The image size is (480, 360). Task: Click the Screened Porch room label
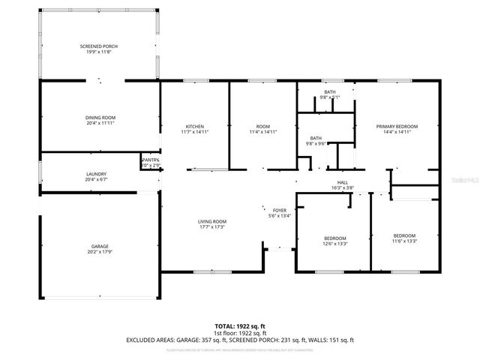point(99,46)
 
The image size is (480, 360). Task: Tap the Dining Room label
point(99,117)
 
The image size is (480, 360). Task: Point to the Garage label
point(100,246)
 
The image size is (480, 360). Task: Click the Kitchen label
point(195,126)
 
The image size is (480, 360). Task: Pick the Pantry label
point(150,160)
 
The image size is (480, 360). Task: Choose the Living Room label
point(212,221)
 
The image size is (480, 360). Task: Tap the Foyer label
point(280,211)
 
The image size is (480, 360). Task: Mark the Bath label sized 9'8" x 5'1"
point(330,91)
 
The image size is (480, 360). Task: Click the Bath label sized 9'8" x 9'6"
point(316,139)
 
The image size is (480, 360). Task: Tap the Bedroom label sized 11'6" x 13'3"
point(404,236)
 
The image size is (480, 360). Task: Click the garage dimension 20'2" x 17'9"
point(100,252)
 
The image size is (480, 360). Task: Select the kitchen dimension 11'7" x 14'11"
point(195,132)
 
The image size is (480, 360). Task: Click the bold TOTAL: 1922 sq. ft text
point(240,325)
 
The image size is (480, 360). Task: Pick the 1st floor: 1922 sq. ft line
point(240,333)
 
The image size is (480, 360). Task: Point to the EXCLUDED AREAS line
point(240,340)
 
